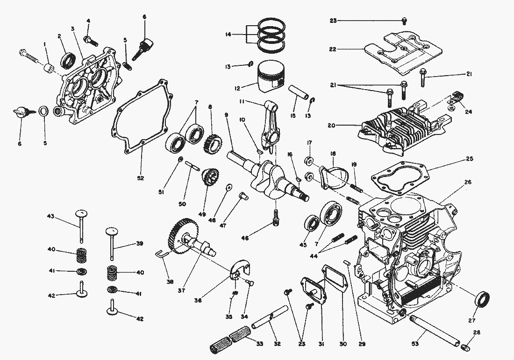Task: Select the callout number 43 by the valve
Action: pyautogui.click(x=51, y=216)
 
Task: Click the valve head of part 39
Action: pyautogui.click(x=111, y=231)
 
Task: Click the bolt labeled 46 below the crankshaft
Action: pyautogui.click(x=276, y=217)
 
